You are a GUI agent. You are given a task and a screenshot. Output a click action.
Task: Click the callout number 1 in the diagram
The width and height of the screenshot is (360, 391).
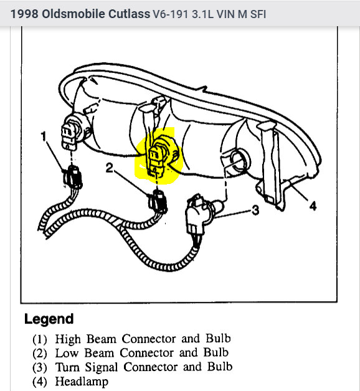44,135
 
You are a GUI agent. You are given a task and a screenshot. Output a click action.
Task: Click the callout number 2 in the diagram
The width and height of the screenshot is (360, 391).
109,168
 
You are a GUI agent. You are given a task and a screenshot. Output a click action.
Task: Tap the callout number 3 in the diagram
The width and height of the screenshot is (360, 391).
255,210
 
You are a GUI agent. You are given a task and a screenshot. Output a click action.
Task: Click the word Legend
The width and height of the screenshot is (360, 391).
49,319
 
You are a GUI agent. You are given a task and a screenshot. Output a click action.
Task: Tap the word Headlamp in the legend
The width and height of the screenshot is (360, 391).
82,382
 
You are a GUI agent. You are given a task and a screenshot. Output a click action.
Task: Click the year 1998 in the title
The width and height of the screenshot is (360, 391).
22,13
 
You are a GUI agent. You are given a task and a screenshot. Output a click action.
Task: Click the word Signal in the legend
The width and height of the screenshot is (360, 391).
105,367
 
